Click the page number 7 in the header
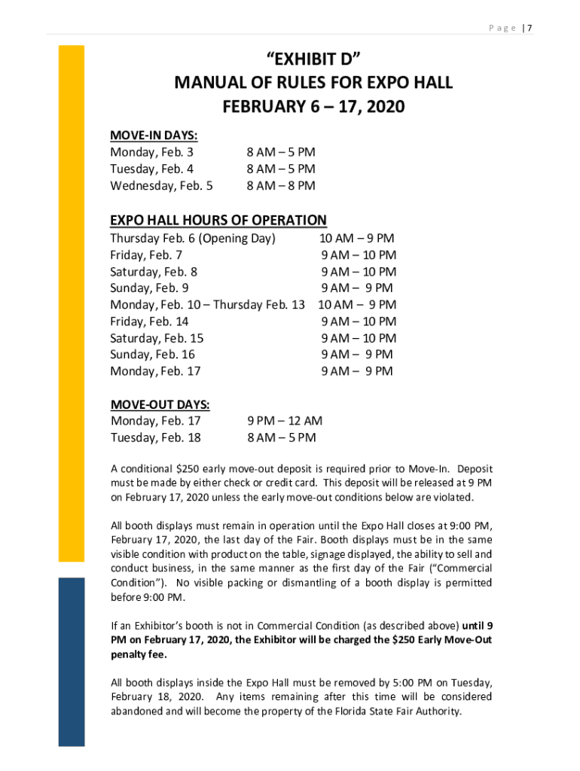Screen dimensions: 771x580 tap(530, 28)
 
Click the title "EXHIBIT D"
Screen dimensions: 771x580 tap(313, 57)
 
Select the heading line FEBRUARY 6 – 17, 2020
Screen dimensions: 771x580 tap(313, 107)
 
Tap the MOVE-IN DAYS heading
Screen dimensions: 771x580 tap(154, 136)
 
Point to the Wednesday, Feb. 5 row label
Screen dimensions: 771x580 tap(161, 185)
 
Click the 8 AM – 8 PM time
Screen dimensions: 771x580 tap(281, 185)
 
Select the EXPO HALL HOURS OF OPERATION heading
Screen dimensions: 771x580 tap(218, 220)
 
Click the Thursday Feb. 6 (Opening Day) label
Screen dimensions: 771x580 tap(193, 239)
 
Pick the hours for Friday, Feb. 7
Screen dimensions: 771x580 tap(359, 255)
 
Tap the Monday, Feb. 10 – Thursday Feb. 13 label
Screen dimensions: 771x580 tap(207, 305)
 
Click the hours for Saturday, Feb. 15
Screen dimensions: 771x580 tap(359, 338)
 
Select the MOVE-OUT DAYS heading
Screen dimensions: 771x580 tap(160, 404)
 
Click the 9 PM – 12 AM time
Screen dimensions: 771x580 tap(285, 421)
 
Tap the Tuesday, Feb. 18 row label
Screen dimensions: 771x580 tap(155, 437)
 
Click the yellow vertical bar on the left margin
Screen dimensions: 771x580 tap(72, 301)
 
